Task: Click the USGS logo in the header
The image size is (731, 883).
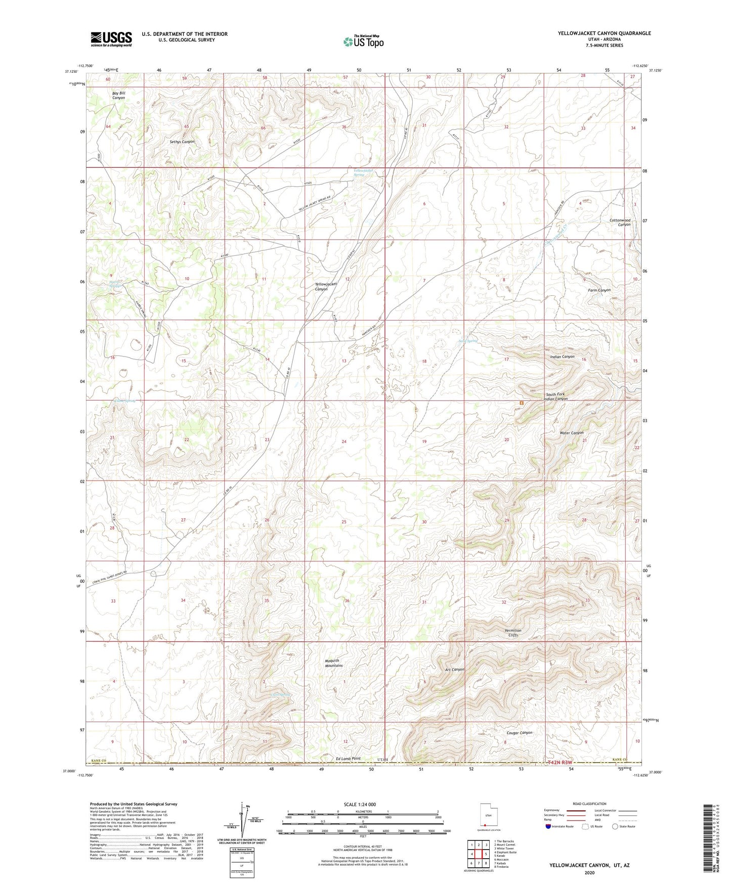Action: [111, 39]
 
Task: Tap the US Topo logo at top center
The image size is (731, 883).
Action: [363, 41]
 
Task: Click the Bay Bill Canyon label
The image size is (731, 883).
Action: [118, 95]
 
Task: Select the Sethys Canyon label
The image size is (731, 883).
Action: [182, 142]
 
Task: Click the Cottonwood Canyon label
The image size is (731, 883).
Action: [620, 223]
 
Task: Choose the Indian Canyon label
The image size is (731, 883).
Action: [562, 357]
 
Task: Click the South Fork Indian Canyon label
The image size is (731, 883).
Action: [555, 396]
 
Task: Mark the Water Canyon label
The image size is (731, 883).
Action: [572, 433]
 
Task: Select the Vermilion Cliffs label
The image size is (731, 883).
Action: [513, 633]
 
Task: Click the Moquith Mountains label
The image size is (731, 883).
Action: [333, 663]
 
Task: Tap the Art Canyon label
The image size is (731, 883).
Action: [454, 670]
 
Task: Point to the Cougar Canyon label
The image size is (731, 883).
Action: [519, 733]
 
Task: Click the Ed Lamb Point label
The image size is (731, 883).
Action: [348, 759]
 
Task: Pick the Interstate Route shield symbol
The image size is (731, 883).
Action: [548, 826]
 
